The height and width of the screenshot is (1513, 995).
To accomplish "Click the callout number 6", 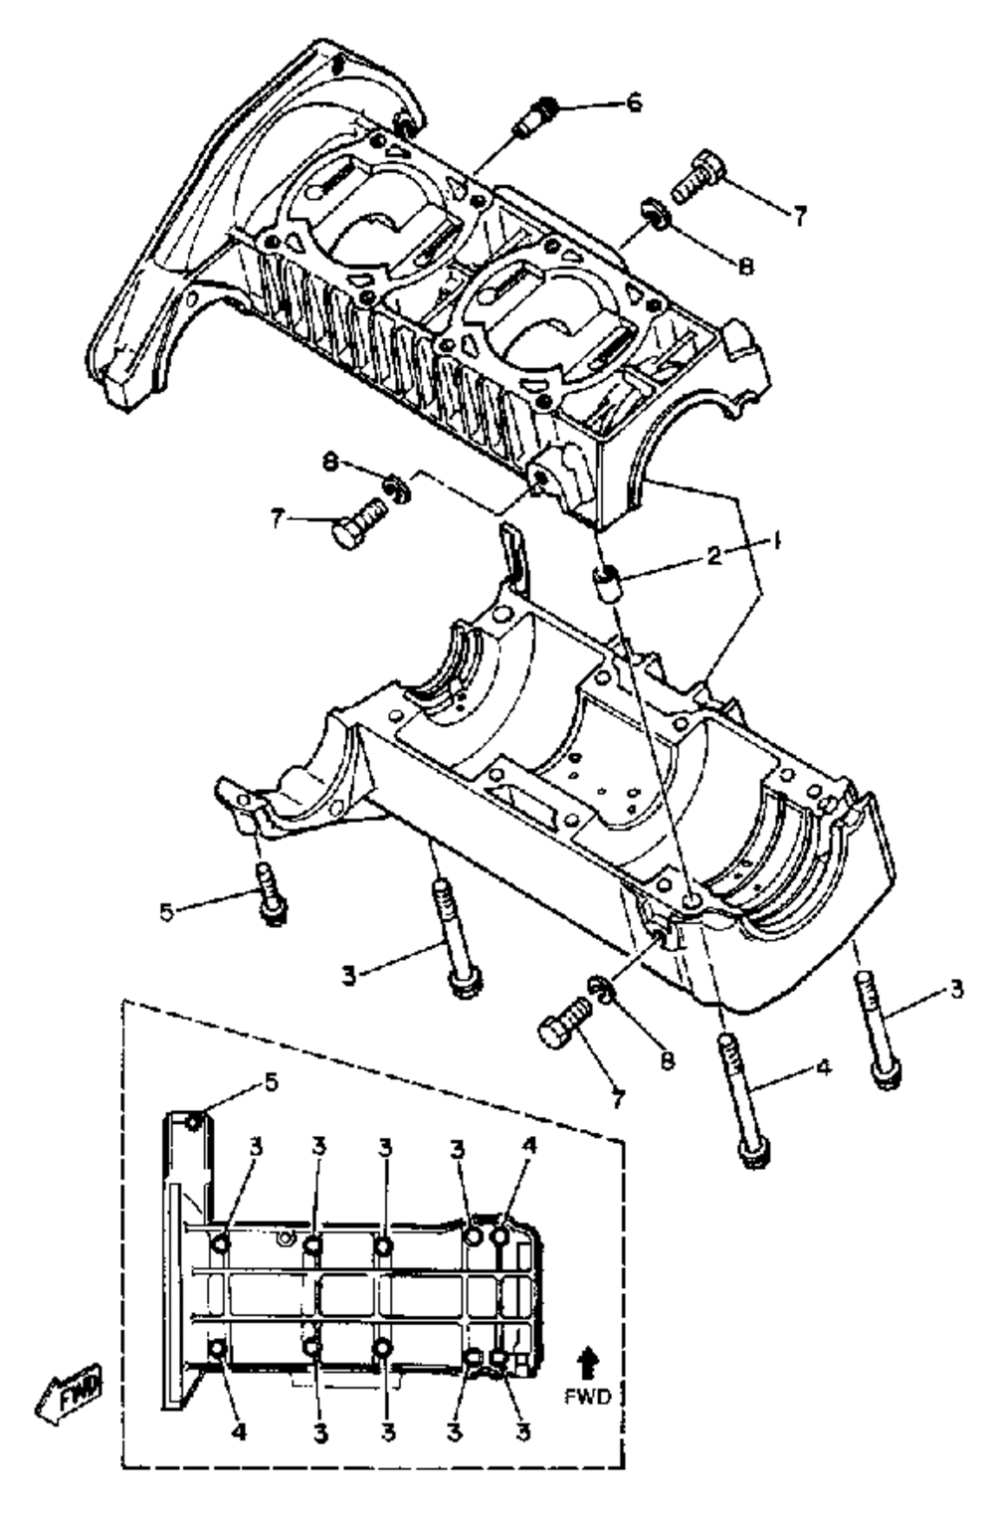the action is [633, 102].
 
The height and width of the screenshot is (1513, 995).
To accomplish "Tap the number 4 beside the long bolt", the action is [822, 1068].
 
